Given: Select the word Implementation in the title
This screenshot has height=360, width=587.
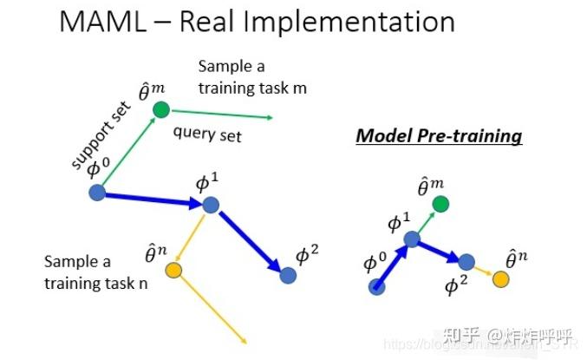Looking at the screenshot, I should pos(369,22).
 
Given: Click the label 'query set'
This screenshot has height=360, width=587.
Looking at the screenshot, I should pos(207,134).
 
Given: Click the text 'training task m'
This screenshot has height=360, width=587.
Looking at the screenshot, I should pos(252,88).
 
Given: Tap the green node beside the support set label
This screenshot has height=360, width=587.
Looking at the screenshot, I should pos(160,110).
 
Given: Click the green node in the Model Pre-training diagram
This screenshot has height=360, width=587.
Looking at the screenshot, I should pos(440,205).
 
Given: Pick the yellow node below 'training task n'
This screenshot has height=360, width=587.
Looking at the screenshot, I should pos(173,271).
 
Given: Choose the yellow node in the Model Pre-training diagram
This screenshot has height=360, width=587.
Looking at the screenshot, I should pos(500,278).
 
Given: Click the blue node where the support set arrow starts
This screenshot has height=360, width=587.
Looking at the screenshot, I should pos(96,193).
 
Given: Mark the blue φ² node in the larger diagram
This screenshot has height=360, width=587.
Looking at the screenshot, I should pos(289,275).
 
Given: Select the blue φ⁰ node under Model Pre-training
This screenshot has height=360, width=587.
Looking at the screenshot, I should pos(377,286).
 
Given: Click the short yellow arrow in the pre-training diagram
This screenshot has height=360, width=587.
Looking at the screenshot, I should pos(484,271).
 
